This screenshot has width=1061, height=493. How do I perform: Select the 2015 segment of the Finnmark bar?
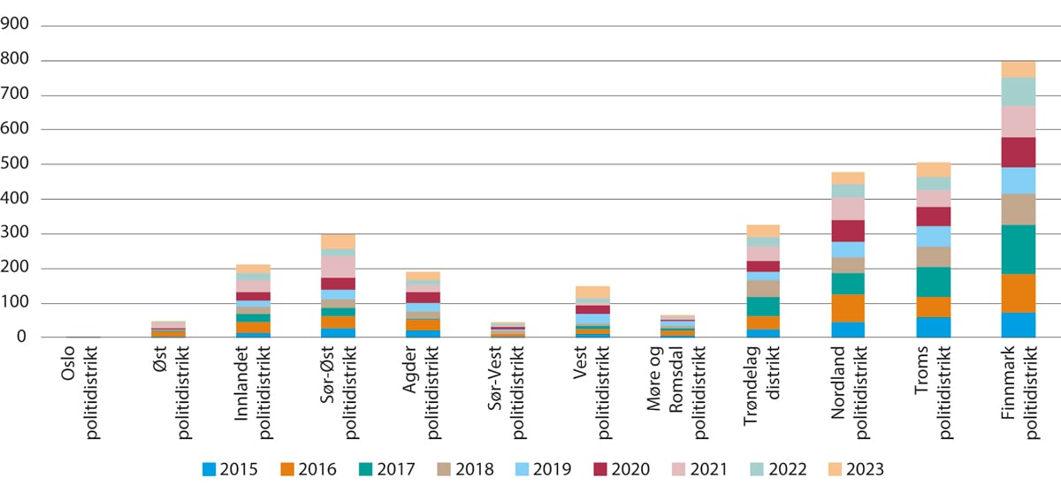pyautogui.click(x=1017, y=325)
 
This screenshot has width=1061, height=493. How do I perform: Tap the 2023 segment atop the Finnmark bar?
pyautogui.click(x=1017, y=70)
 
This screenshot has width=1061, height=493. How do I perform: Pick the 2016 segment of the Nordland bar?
pyautogui.click(x=847, y=308)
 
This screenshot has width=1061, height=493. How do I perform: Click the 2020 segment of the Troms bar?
pyautogui.click(x=932, y=216)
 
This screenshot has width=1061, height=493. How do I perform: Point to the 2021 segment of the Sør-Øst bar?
pyautogui.click(x=338, y=267)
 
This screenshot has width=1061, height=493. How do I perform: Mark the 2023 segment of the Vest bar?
pyautogui.click(x=592, y=292)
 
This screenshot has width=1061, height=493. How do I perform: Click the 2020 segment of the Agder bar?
pyautogui.click(x=423, y=298)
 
